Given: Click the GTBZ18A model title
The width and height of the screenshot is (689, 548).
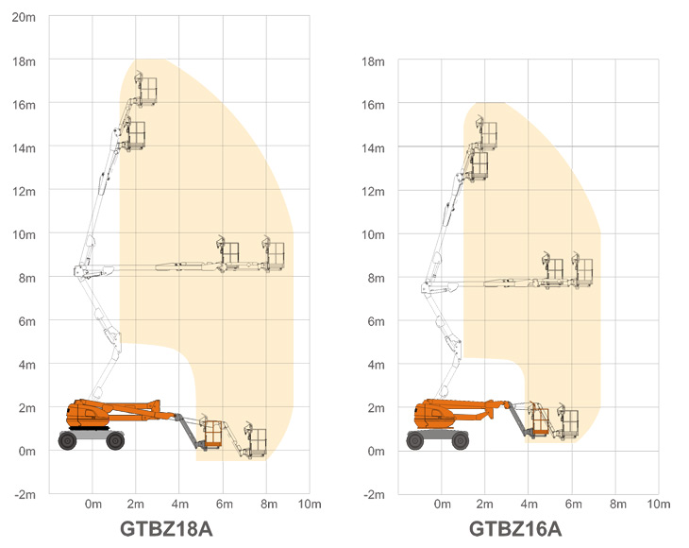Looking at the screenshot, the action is [166, 529].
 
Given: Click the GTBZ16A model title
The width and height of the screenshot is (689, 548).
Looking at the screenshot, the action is [515, 529].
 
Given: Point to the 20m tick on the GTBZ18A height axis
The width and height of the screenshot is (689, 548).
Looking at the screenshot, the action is [24, 17].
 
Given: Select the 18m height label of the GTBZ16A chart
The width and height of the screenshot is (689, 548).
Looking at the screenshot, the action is [373, 61].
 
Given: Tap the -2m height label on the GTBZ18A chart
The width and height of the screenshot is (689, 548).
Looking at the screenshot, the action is [25, 494].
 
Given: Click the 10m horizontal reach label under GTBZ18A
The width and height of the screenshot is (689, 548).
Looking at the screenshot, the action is [310, 504].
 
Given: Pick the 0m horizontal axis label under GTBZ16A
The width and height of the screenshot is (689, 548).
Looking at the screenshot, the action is [442, 504].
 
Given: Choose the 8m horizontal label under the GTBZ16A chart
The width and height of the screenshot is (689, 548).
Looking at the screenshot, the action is [618, 504].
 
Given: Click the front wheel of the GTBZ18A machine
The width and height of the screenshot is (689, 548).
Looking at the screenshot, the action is [115, 440].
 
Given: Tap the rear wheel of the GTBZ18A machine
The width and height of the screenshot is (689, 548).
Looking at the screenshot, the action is [68, 440].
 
